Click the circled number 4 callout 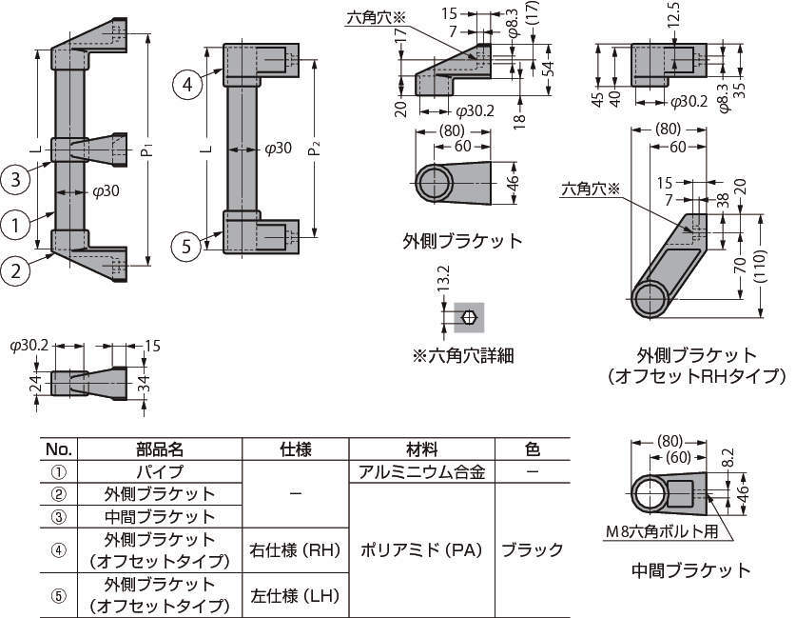188,85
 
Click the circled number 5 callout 186,246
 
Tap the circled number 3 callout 16,177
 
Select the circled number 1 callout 16,225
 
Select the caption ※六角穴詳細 463,355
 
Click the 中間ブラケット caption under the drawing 690,570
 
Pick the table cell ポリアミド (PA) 422,549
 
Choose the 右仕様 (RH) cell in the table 295,549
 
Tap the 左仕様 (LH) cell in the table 295,595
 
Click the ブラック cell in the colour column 532,549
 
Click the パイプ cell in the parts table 159,471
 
